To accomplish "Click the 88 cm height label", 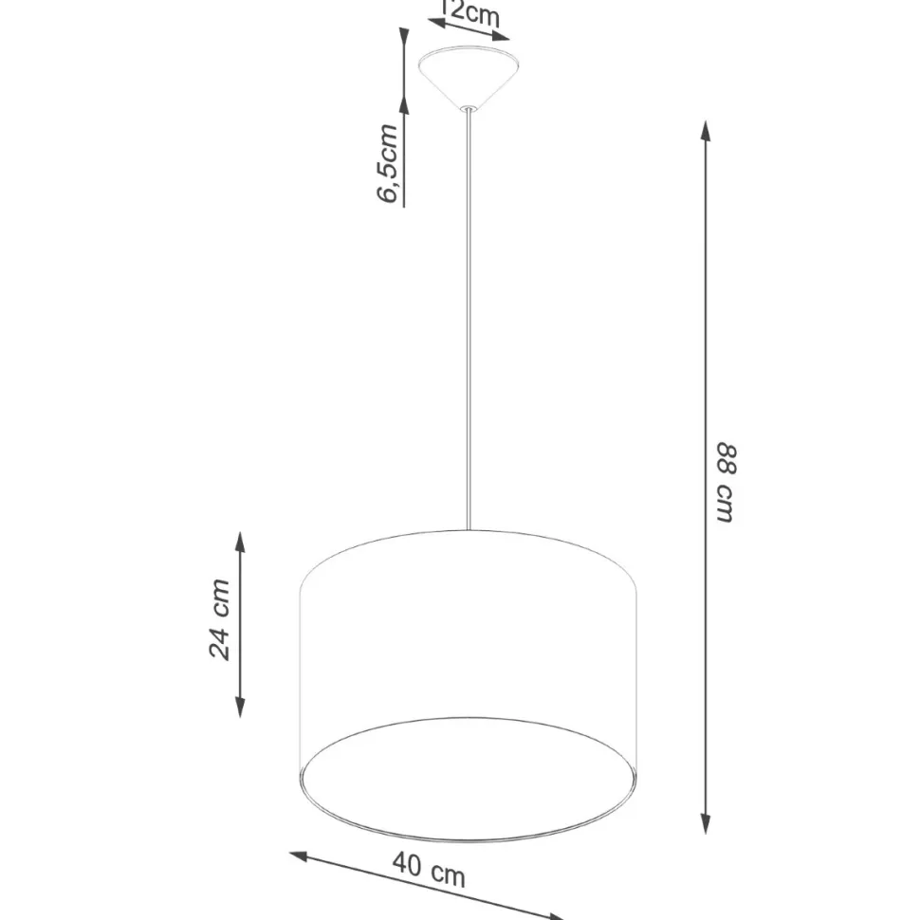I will [724, 481].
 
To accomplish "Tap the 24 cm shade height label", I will [220, 618].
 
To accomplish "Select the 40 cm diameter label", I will [429, 869].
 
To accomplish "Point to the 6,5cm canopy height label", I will [389, 163].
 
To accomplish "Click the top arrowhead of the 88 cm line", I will [705, 132].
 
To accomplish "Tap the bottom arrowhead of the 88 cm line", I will [705, 822].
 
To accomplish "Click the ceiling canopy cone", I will [468, 76].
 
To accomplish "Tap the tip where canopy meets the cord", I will [468, 109].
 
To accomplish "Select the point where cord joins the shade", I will [468, 529].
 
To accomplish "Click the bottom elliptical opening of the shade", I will [468, 778].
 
